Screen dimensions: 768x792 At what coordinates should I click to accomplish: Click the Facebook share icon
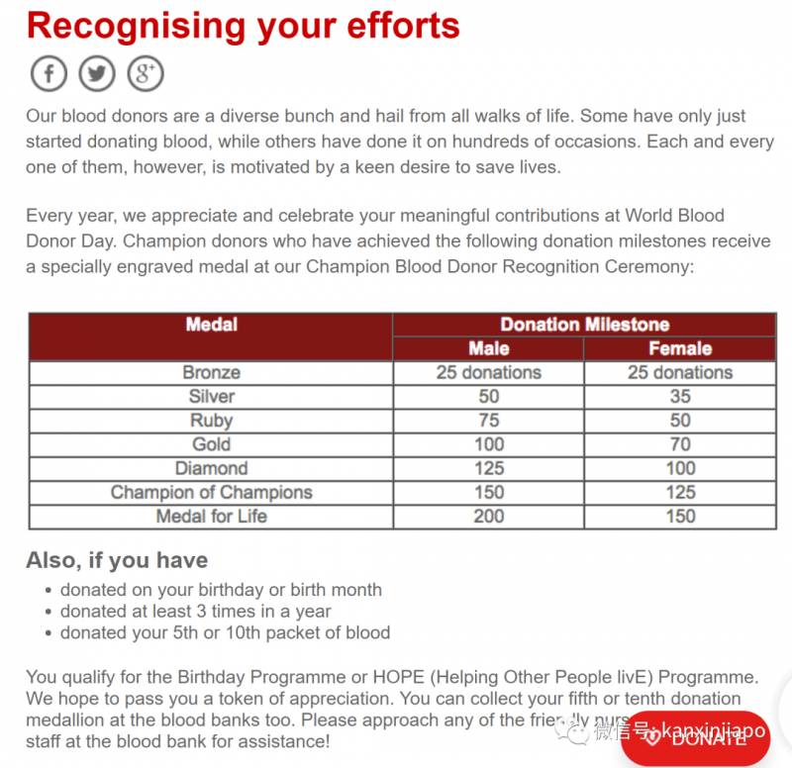pyautogui.click(x=49, y=73)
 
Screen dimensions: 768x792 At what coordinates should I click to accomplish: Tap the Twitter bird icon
pyautogui.click(x=97, y=73)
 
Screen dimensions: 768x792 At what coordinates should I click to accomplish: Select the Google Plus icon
pyautogui.click(x=146, y=73)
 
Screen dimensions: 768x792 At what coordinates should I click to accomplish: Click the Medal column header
pyautogui.click(x=211, y=325)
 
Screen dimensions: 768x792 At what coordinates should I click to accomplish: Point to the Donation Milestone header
pyautogui.click(x=584, y=325)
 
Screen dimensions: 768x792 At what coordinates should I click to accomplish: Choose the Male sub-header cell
pyautogui.click(x=488, y=348)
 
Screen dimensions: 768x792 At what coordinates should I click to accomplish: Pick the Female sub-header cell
pyautogui.click(x=679, y=348)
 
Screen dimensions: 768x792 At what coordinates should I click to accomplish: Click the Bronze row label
pyautogui.click(x=211, y=373)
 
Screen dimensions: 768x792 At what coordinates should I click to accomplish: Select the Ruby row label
pyautogui.click(x=211, y=421)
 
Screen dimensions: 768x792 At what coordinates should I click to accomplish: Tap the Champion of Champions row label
pyautogui.click(x=211, y=492)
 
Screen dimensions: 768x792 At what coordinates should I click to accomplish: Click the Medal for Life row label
pyautogui.click(x=211, y=516)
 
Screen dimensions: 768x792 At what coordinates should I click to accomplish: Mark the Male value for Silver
pyautogui.click(x=488, y=397)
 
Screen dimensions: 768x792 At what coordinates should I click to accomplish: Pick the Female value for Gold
pyautogui.click(x=679, y=444)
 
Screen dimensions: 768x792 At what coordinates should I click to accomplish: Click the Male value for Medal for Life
pyautogui.click(x=488, y=516)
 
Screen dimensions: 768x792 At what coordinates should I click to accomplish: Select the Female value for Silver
pyautogui.click(x=679, y=397)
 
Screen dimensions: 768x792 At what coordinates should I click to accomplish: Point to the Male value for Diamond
pyautogui.click(x=488, y=468)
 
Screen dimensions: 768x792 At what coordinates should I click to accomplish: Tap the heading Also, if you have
pyautogui.click(x=117, y=560)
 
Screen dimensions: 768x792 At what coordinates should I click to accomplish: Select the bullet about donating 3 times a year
pyautogui.click(x=195, y=611)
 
